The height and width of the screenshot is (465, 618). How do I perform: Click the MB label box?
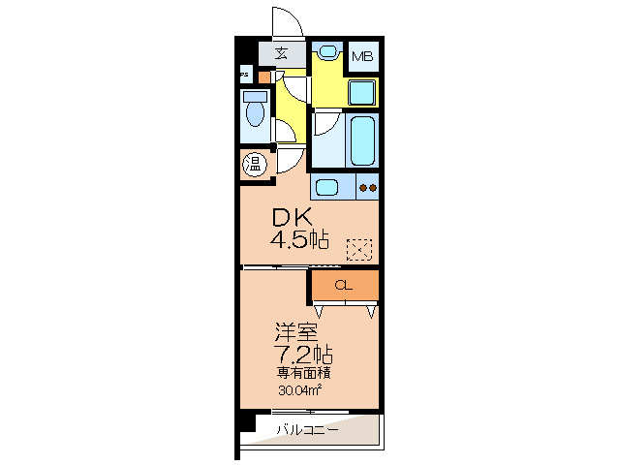click(x=362, y=56)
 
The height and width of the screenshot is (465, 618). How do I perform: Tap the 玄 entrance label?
click(x=281, y=53)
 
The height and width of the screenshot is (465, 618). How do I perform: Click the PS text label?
click(x=244, y=75)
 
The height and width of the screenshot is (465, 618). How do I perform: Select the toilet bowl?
click(x=256, y=111)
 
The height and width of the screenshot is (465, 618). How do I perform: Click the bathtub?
click(x=362, y=141)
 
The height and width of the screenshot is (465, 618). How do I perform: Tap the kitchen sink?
click(x=326, y=187)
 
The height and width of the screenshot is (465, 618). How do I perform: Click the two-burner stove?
click(x=367, y=187)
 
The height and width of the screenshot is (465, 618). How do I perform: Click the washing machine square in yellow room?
click(x=362, y=93)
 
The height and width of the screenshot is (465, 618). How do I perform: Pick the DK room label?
click(x=294, y=219)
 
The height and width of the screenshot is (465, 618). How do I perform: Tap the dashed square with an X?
click(x=359, y=250)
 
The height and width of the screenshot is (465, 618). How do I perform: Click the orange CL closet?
click(x=344, y=285)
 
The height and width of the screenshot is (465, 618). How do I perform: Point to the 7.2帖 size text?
click(x=299, y=353)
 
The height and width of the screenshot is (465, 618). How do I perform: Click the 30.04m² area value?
click(x=299, y=391)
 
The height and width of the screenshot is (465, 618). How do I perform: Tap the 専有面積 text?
click(x=299, y=373)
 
